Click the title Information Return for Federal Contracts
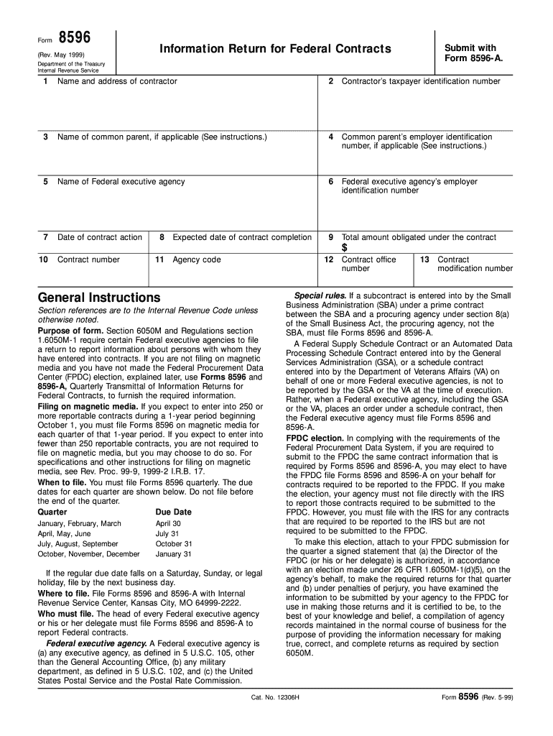[x=275, y=49]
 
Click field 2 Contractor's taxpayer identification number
[x=421, y=81]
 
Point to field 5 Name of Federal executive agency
[x=121, y=182]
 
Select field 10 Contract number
[x=88, y=259]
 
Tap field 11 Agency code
[x=196, y=259]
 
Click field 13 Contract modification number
[x=475, y=264]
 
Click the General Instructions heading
[x=99, y=298]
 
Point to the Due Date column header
[x=174, y=512]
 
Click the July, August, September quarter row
[x=78, y=544]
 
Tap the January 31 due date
[x=174, y=554]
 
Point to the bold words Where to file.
[x=63, y=594]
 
